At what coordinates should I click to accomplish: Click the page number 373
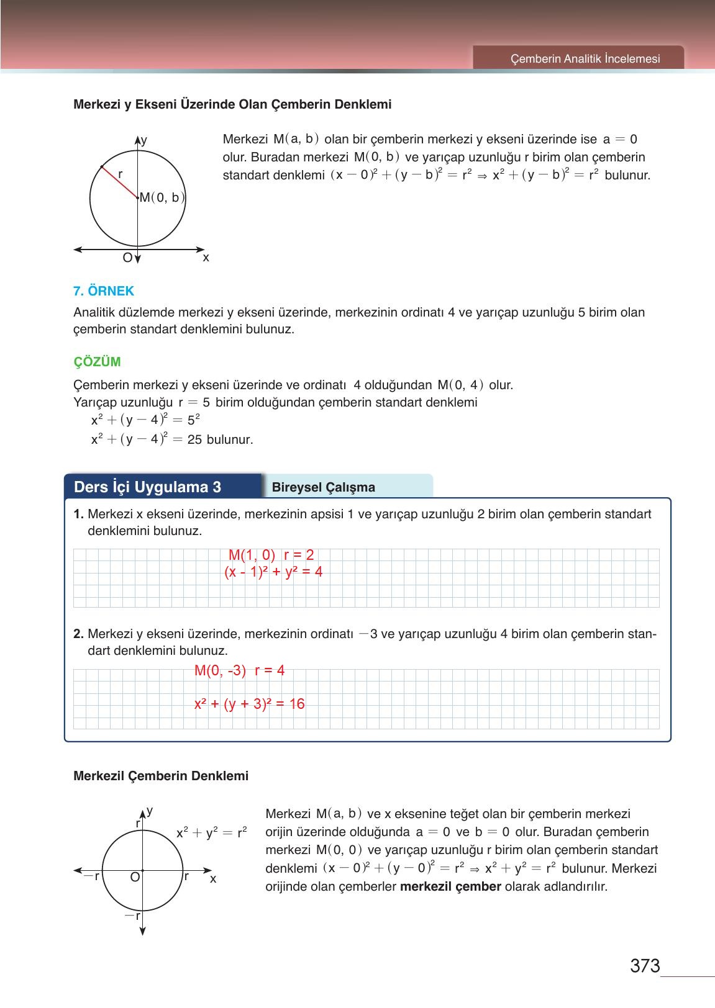click(x=644, y=966)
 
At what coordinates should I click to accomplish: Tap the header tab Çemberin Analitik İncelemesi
click(x=585, y=59)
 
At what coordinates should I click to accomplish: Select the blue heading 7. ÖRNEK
click(x=104, y=290)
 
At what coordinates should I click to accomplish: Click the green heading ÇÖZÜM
click(x=97, y=361)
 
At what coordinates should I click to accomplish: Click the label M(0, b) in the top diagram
click(x=162, y=198)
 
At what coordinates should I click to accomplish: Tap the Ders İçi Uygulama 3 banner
click(x=148, y=487)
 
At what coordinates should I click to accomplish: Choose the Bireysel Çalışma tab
click(x=324, y=487)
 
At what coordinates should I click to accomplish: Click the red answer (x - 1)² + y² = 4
click(x=273, y=572)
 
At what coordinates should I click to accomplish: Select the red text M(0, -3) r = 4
click(x=239, y=670)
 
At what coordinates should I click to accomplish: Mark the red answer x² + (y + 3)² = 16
click(x=249, y=704)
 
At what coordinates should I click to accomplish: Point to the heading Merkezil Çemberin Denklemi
click(x=161, y=776)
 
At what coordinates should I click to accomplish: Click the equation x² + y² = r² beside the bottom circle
click(x=211, y=833)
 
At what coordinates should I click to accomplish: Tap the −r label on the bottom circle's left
click(x=92, y=876)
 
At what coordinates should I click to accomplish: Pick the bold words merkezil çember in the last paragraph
click(x=450, y=886)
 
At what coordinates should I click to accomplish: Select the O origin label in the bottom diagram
click(x=134, y=878)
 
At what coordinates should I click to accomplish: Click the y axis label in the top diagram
click(x=144, y=140)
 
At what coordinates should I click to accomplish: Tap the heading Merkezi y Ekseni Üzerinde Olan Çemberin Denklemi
click(x=232, y=104)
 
